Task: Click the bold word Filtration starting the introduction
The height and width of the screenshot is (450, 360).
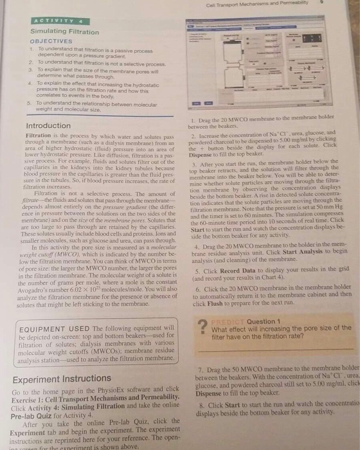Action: click(x=38, y=137)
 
